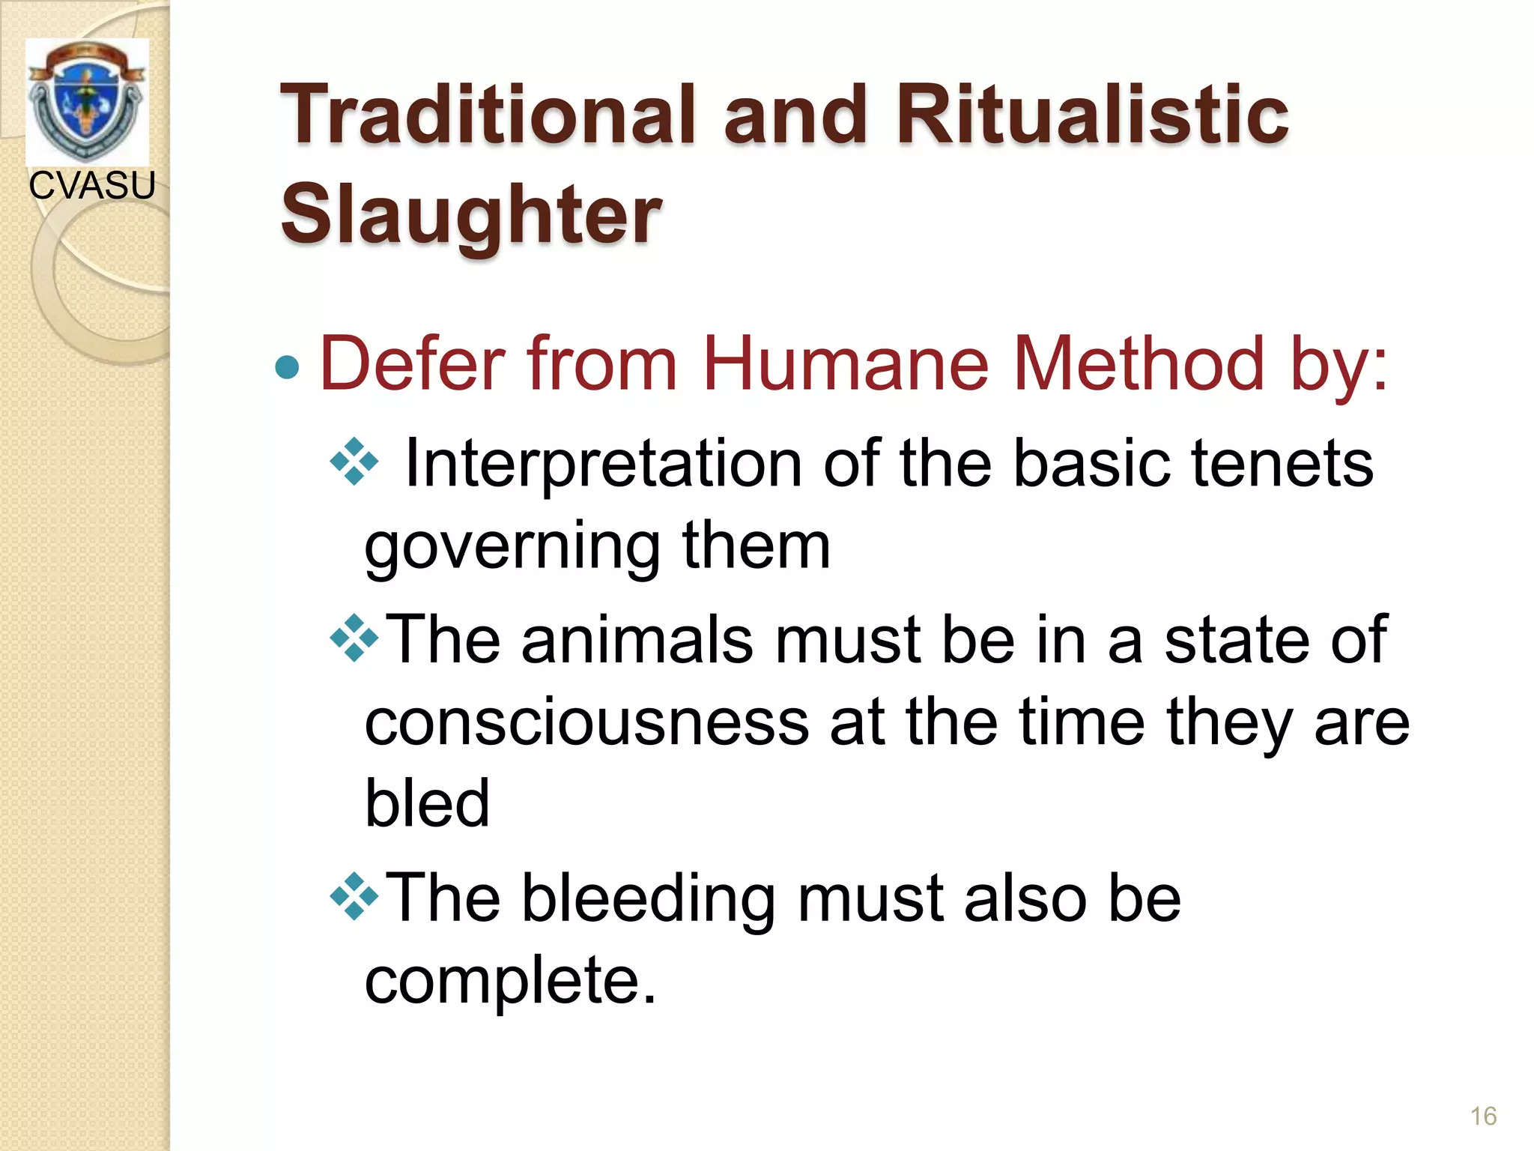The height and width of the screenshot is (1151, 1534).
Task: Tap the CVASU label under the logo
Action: pos(92,185)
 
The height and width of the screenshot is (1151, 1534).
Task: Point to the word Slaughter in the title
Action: pos(471,215)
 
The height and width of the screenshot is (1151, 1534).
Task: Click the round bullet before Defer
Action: pos(288,367)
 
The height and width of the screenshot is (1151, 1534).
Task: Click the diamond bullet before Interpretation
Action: pos(354,462)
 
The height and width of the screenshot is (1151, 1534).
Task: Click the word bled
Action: pos(427,803)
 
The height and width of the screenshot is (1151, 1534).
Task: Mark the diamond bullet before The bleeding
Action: pos(354,896)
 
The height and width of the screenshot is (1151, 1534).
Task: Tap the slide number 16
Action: pos(1483,1116)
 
